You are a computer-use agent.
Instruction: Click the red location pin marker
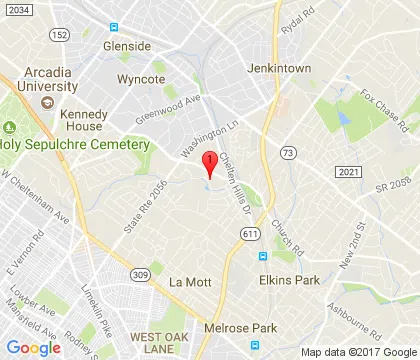[x=210, y=164]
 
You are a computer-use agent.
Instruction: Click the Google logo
[x=34, y=347]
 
